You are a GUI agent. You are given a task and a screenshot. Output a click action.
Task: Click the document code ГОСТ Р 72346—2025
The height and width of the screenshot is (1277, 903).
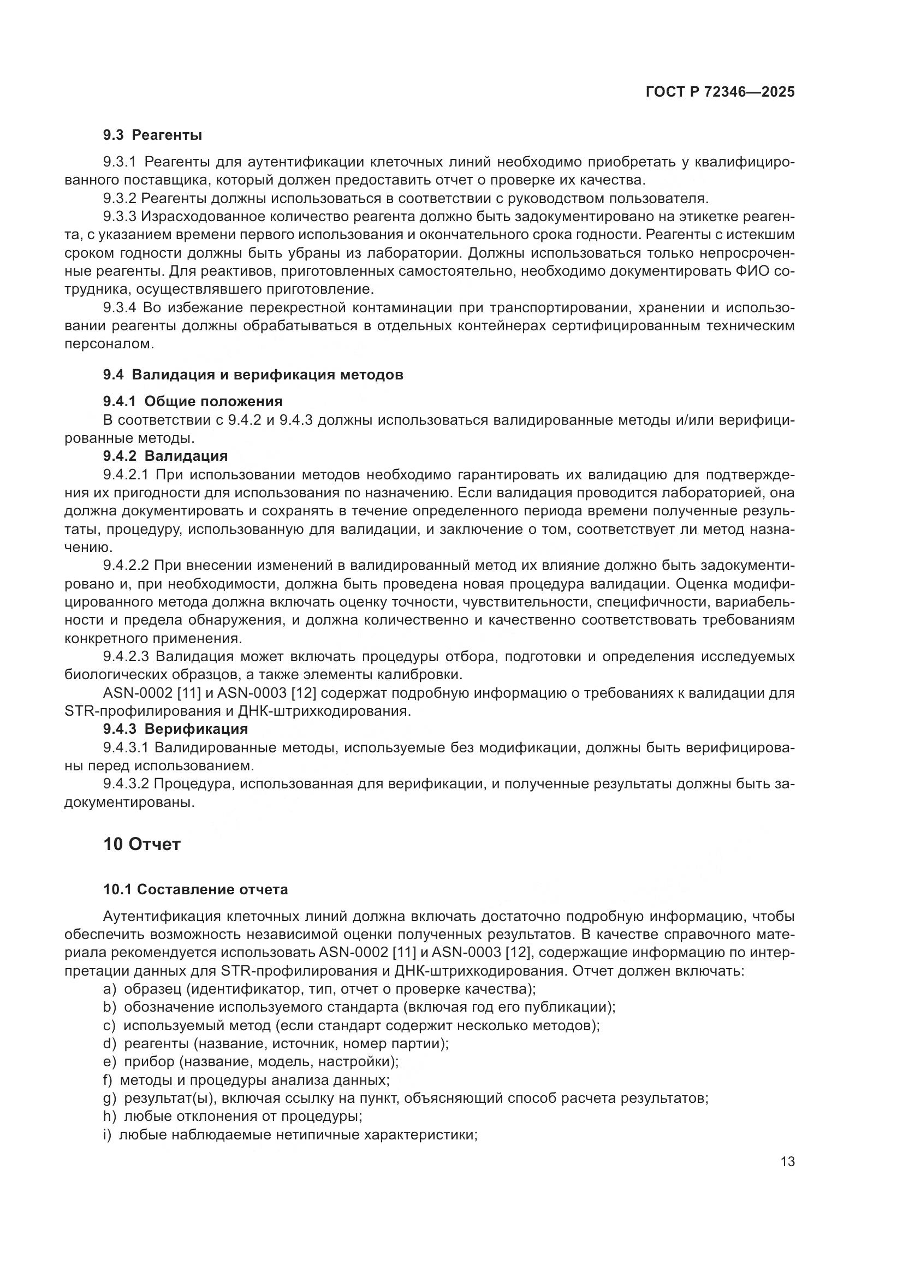720,92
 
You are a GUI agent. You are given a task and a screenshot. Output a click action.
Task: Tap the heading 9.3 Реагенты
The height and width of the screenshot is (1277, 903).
152,135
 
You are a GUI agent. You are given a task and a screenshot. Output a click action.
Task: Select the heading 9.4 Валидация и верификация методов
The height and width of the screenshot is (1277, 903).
253,375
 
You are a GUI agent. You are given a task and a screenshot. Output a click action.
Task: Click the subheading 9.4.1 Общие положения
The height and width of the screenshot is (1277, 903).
193,401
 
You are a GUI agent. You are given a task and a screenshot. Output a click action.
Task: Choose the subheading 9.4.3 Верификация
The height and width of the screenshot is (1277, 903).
176,729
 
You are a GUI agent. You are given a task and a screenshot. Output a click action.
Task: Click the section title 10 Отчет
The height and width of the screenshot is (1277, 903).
142,844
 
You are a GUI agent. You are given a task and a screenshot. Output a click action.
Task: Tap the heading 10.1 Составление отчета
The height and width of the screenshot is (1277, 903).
196,890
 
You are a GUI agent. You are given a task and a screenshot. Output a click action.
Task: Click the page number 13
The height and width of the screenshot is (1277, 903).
787,1162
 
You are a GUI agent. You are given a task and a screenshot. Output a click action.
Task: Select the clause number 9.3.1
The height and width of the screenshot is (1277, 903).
120,162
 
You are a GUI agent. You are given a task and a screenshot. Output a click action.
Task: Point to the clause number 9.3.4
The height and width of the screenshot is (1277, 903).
120,308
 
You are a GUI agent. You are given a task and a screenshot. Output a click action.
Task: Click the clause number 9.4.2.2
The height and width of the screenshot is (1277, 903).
126,566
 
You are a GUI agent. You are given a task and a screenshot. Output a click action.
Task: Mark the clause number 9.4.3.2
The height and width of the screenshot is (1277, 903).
126,784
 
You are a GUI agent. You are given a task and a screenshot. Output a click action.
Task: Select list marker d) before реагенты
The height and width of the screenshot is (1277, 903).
109,1044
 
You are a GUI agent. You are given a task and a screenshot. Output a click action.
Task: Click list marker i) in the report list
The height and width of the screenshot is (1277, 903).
107,1135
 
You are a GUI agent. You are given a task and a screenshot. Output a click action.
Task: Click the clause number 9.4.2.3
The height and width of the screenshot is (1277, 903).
126,657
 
